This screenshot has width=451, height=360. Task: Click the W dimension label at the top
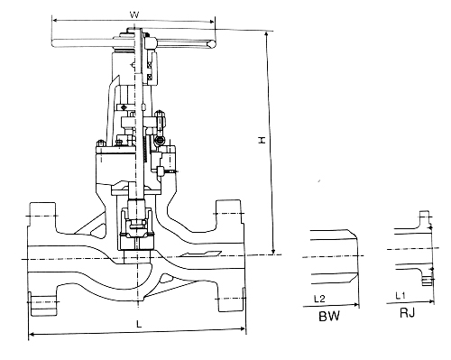pyautogui.click(x=134, y=14)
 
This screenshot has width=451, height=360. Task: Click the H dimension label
pyautogui.click(x=262, y=140)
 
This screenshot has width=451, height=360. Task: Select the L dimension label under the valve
pyautogui.click(x=139, y=324)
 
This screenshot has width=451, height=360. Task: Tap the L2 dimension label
pyautogui.click(x=319, y=299)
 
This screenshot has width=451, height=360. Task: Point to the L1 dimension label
pyautogui.click(x=400, y=296)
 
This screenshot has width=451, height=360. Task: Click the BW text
pyautogui.click(x=329, y=316)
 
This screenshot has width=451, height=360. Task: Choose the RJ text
pyautogui.click(x=408, y=313)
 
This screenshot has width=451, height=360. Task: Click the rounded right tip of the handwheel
pyautogui.click(x=212, y=44)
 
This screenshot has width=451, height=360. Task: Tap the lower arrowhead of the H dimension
pyautogui.click(x=273, y=251)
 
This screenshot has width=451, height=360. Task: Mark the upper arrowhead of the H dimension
pyautogui.click(x=266, y=34)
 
